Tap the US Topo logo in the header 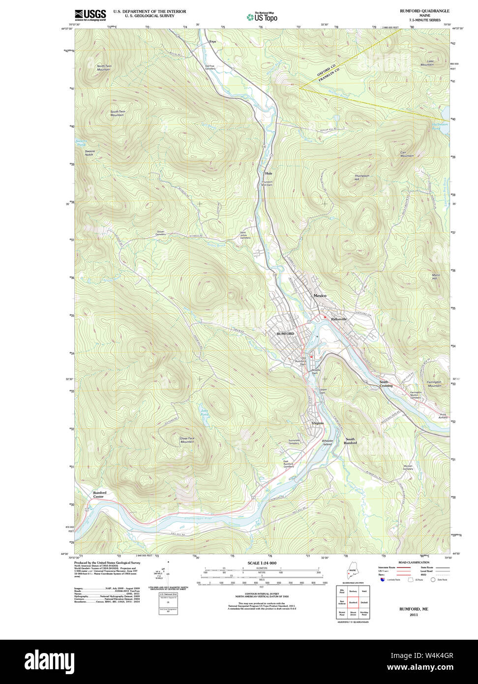coord(262,17)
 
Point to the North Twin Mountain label coord(104,68)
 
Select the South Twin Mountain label coord(117,113)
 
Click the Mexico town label coord(320,296)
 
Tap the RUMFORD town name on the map coord(285,334)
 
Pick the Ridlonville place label coord(339,319)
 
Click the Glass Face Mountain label coord(187,440)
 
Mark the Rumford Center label coord(100,495)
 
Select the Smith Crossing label coord(386,384)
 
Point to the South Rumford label coord(350,441)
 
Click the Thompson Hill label coord(361,178)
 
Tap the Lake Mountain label coord(427,63)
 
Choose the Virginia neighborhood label coord(318,423)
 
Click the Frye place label coord(212,42)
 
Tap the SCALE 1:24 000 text coord(262,563)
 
